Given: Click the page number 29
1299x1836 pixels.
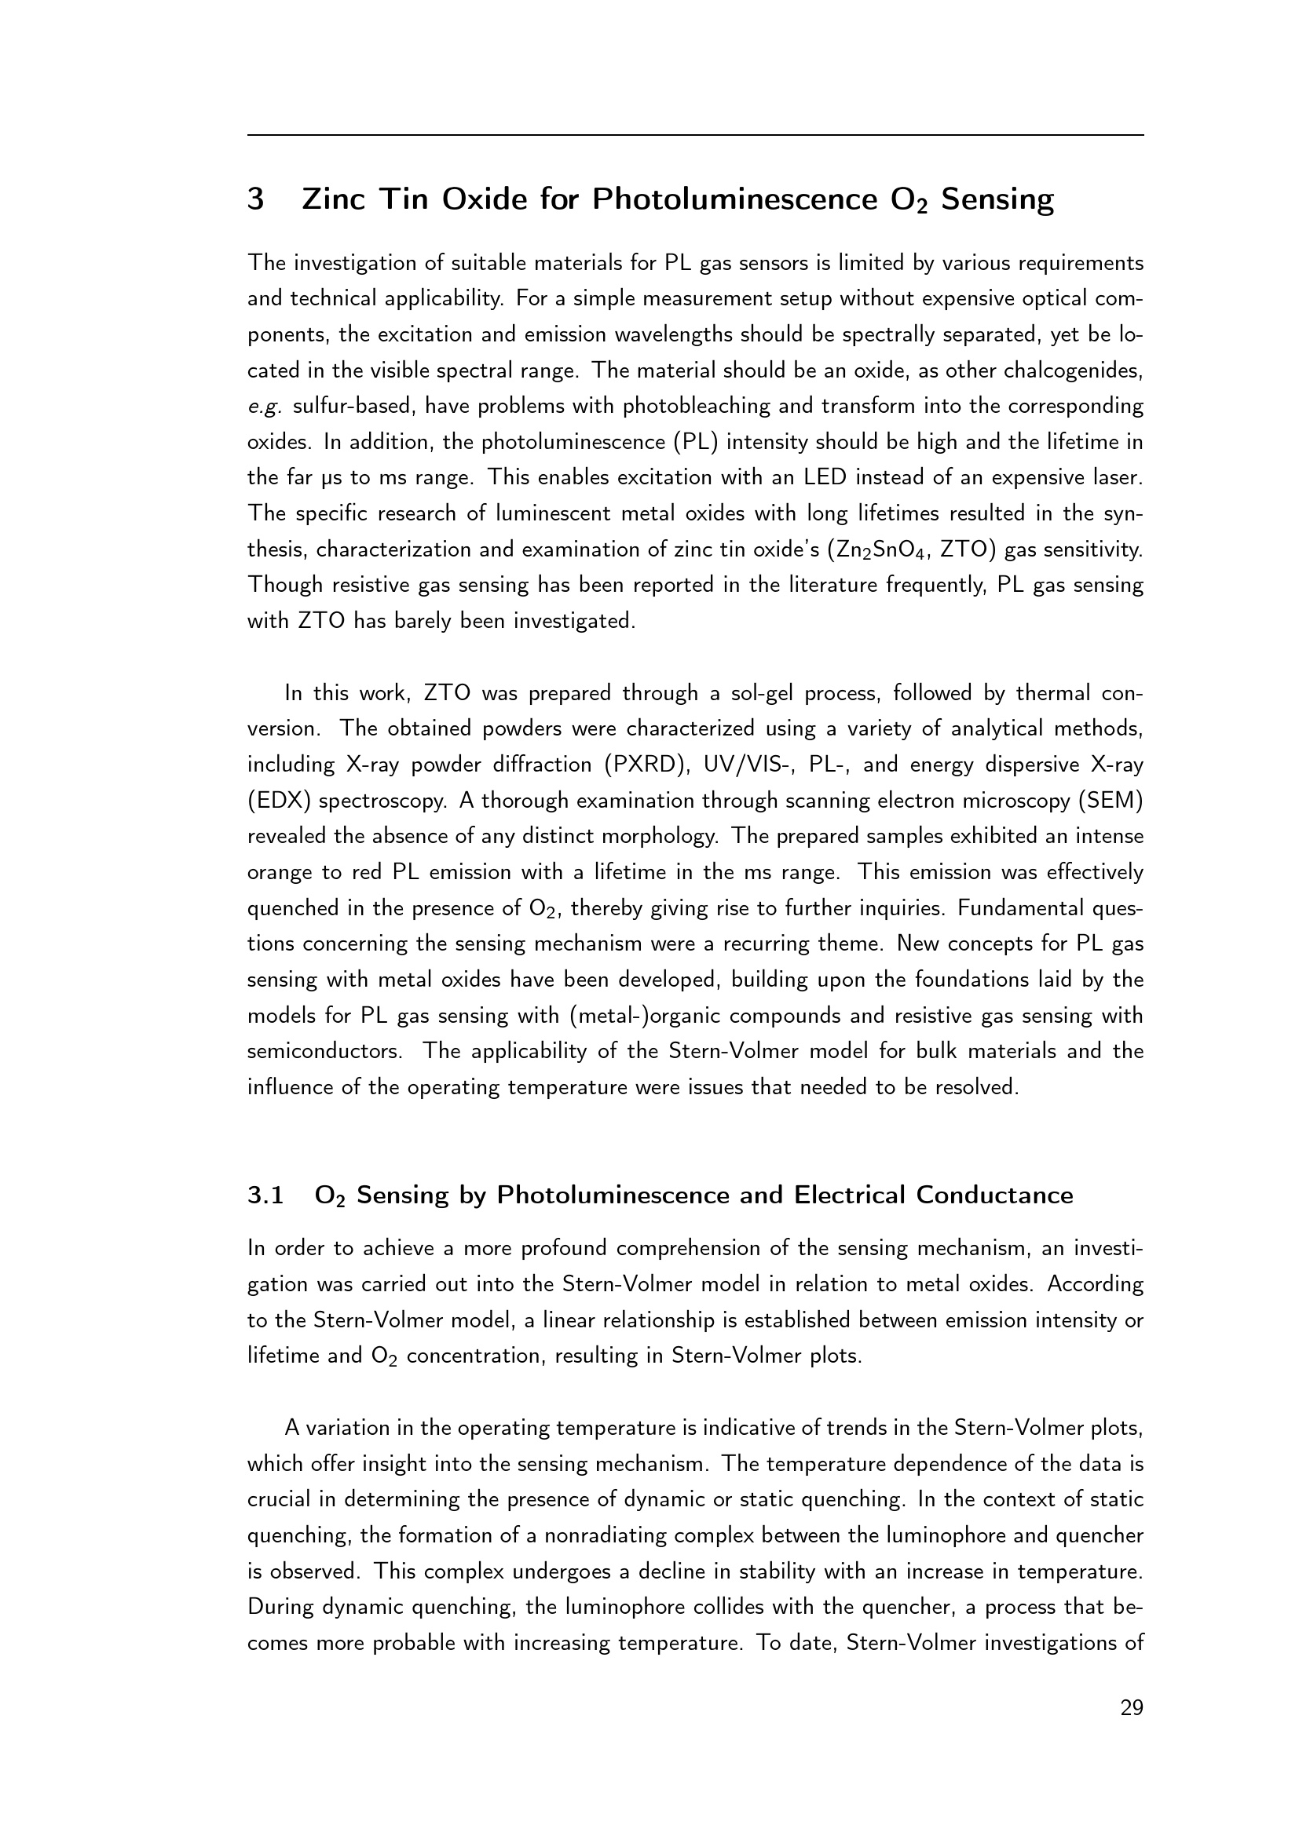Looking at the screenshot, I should click(x=1132, y=1709).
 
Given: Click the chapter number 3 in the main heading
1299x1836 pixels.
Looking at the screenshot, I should click(x=256, y=199).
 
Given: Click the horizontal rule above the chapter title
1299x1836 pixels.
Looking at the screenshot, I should click(x=696, y=135).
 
